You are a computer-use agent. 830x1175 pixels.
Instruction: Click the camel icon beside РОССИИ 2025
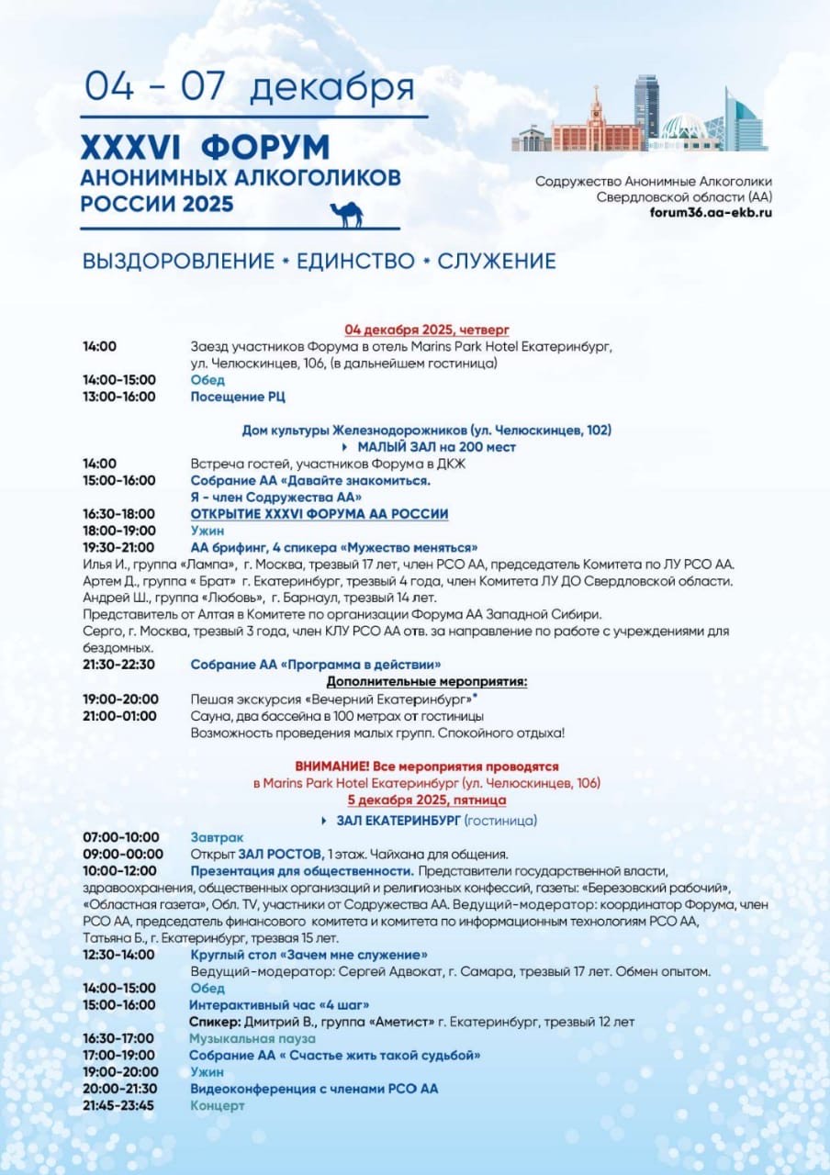345,214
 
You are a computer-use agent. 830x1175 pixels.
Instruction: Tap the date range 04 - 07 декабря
250,86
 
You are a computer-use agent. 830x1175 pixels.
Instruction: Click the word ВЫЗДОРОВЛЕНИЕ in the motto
178,261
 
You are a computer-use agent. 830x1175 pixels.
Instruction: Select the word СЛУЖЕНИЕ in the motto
497,261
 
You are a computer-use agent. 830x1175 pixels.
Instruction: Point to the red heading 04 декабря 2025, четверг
426,330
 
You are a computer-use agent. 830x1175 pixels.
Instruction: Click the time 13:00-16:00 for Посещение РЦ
119,397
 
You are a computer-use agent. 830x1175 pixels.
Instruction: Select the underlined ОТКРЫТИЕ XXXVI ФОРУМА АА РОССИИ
319,513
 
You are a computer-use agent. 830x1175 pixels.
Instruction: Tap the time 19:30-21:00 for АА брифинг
119,547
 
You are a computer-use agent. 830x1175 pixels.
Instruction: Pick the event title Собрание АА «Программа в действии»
315,664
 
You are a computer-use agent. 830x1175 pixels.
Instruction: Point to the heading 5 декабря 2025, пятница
426,800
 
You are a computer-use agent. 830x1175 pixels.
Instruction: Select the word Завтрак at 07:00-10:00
217,837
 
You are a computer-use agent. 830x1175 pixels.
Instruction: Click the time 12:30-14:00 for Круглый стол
119,955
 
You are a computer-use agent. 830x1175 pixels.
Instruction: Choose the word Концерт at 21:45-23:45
217,1105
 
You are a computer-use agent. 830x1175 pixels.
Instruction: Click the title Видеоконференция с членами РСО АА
313,1089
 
